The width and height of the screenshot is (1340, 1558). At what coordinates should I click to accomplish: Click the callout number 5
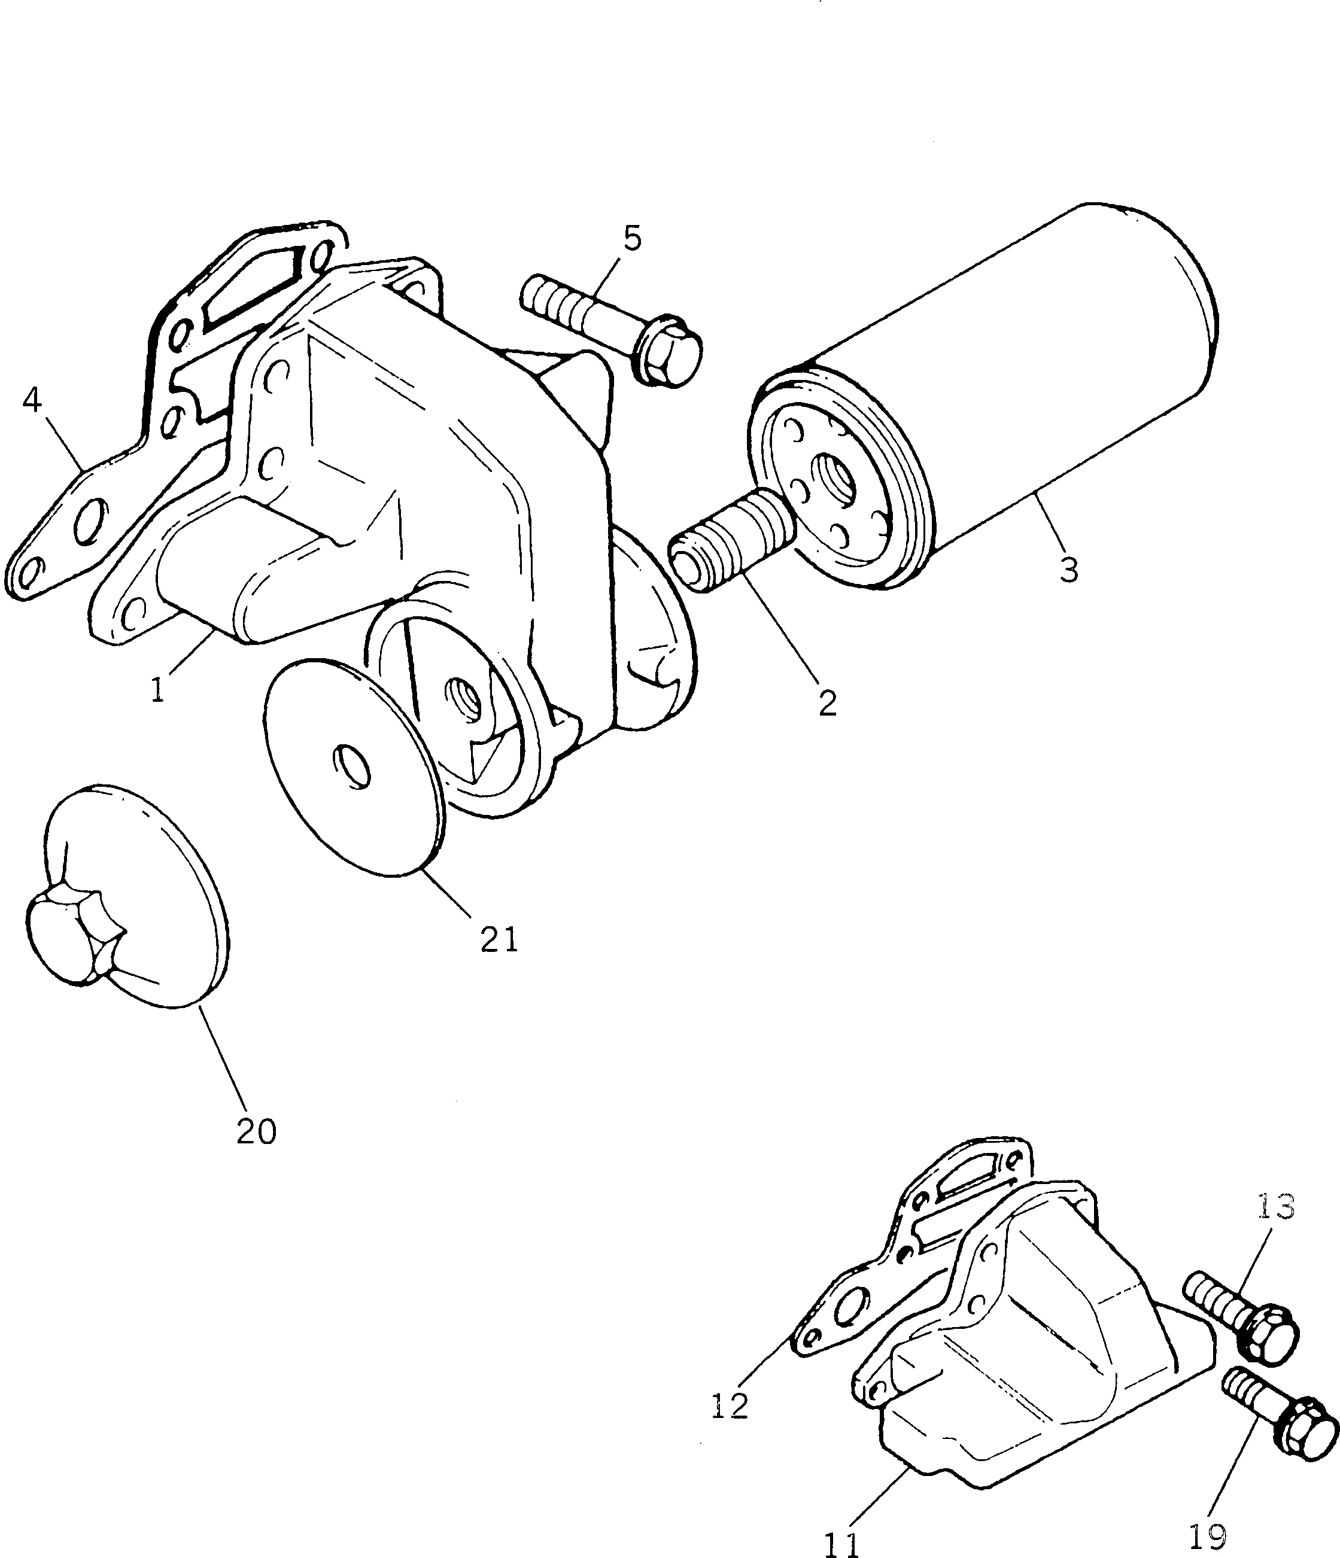(x=633, y=238)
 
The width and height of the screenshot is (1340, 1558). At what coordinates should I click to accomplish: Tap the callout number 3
(x=1068, y=570)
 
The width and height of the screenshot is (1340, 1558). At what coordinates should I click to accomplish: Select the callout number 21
(x=499, y=939)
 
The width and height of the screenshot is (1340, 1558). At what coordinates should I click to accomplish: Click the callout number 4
(x=32, y=400)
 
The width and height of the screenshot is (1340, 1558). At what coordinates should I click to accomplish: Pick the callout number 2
(x=827, y=703)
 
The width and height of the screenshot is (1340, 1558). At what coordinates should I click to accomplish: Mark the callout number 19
(x=1208, y=1537)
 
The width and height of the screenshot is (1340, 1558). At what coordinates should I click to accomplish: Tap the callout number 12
(x=730, y=1406)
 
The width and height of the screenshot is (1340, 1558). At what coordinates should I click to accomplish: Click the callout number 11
(x=841, y=1543)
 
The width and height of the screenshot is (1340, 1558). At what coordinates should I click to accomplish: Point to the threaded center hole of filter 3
(x=836, y=480)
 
